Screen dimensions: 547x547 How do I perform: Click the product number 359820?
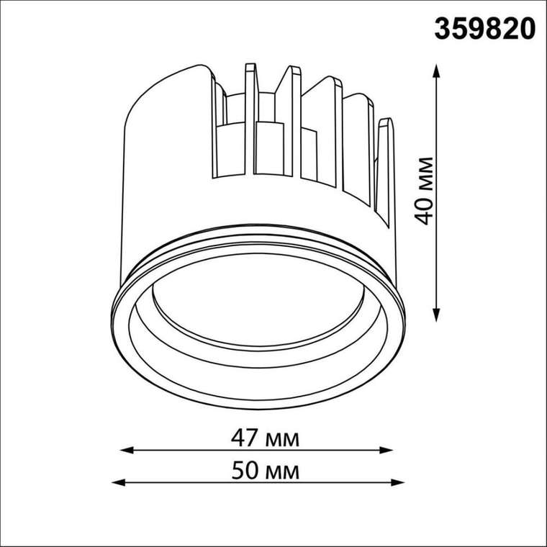coord(484,29)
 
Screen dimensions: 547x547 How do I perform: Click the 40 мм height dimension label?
coord(424,191)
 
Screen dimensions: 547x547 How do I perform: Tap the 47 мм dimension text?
coord(265,438)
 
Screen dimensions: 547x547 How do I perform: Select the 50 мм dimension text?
coord(265,471)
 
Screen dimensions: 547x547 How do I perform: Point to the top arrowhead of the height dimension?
coord(436,71)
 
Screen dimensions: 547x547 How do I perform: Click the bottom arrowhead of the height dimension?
coord(436,315)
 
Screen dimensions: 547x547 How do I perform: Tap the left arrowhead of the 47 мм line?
coord(127,450)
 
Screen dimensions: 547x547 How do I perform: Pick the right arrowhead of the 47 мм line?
coord(386,450)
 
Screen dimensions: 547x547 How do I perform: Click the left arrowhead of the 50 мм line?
coord(118,483)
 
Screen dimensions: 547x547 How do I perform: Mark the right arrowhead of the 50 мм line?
coord(398,483)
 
